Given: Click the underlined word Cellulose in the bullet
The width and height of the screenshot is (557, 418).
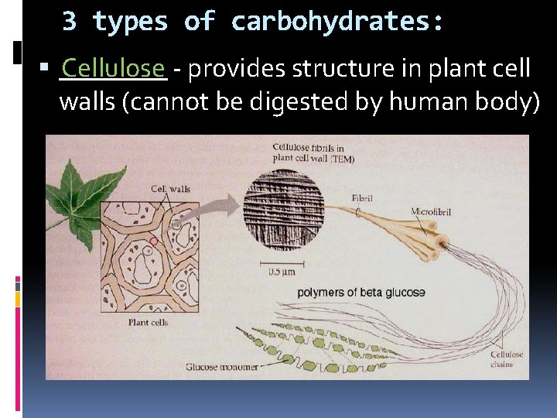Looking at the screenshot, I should [x=113, y=68].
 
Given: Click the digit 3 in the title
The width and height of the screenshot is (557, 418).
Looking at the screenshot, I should [x=69, y=22].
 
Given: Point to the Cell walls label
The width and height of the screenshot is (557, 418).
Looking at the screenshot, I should [x=170, y=188].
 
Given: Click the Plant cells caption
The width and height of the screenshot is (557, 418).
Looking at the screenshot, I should [x=148, y=322].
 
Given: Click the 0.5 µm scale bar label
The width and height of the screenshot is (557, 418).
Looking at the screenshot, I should [x=282, y=272].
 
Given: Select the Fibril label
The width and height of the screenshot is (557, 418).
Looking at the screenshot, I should [x=361, y=198].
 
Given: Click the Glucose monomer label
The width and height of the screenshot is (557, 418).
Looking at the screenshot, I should [x=223, y=367].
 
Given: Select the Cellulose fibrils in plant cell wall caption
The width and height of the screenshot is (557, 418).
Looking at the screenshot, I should [x=313, y=152].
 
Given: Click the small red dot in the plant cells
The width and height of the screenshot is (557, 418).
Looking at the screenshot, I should [x=154, y=242].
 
